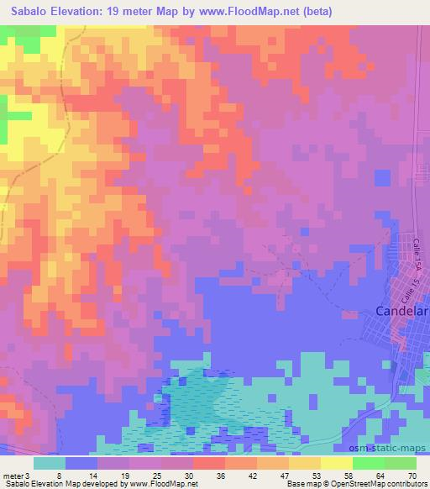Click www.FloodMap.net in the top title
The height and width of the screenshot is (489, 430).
point(253,11)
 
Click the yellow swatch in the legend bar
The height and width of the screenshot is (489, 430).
point(337,462)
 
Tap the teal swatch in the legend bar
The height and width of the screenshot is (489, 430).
point(50,462)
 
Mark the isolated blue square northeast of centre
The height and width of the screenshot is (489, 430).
point(382,178)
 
